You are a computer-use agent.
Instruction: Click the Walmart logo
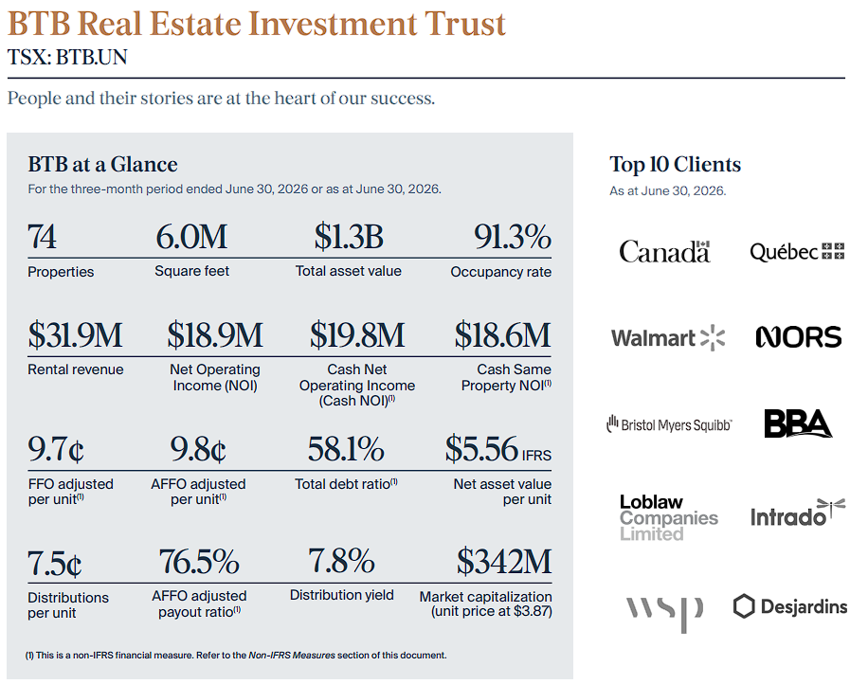[x=668, y=337]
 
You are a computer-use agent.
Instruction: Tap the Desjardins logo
[x=790, y=606]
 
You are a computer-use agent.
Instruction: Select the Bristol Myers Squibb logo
[x=669, y=424]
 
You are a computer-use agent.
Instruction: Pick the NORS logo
[x=798, y=337]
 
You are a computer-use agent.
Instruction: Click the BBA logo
[x=798, y=423]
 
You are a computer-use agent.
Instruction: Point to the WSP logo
[x=664, y=613]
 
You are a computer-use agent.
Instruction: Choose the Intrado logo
[x=798, y=513]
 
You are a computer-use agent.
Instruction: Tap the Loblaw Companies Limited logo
[x=669, y=518]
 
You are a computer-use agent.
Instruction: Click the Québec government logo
[x=797, y=252]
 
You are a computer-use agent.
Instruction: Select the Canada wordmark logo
[x=665, y=251]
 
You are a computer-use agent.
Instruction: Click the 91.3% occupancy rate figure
[x=513, y=237]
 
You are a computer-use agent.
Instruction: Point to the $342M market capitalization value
[x=504, y=561]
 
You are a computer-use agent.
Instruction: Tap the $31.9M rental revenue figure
[x=75, y=335]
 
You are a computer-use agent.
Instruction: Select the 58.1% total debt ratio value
[x=346, y=449]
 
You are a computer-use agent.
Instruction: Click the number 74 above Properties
[x=42, y=237]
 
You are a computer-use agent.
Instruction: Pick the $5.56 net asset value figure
[x=481, y=449]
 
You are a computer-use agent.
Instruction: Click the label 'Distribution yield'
[x=342, y=595]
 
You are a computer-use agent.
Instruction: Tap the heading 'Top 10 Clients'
[x=676, y=164]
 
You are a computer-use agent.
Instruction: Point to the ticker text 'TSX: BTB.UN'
[x=67, y=57]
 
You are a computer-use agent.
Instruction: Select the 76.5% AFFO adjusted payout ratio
[x=199, y=561]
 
